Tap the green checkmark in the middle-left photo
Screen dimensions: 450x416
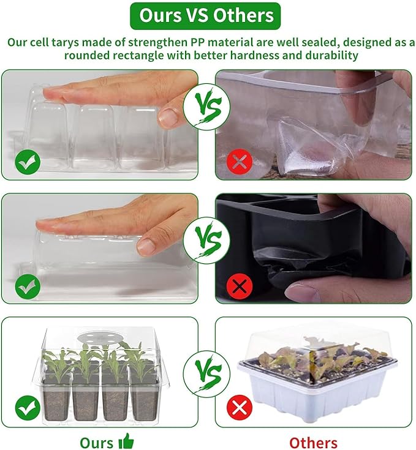pyautogui.click(x=28, y=285)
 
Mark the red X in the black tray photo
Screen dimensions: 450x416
pyautogui.click(x=240, y=285)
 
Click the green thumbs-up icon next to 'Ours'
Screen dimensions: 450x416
pyautogui.click(x=126, y=441)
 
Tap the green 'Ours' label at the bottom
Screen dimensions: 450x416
pyautogui.click(x=96, y=442)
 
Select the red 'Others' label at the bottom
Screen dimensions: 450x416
pyautogui.click(x=313, y=442)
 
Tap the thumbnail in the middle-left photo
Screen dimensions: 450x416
pyautogui.click(x=146, y=246)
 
